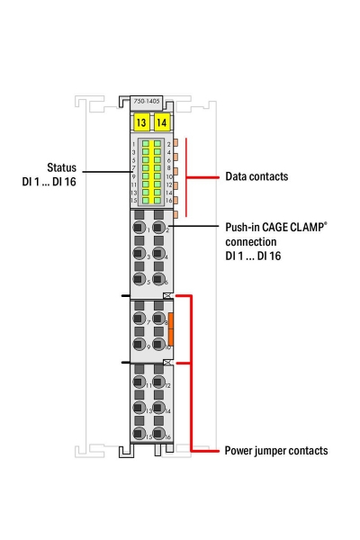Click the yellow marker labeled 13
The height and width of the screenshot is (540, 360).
click(x=139, y=122)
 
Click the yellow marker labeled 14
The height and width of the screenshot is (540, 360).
click(x=161, y=122)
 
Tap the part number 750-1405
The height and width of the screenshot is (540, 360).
click(x=149, y=103)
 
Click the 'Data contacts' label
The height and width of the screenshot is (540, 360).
click(x=256, y=177)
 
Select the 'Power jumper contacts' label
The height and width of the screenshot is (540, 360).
click(x=275, y=450)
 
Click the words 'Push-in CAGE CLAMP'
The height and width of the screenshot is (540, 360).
click(x=269, y=229)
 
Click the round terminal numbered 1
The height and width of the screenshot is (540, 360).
click(x=139, y=230)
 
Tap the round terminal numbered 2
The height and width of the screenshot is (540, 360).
click(x=159, y=230)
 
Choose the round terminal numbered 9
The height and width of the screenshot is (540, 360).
click(x=139, y=345)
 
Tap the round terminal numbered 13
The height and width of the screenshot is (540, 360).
click(x=139, y=409)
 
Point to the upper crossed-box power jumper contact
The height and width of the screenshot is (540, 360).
click(x=167, y=295)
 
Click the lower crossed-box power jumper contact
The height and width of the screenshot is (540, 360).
click(x=167, y=361)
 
